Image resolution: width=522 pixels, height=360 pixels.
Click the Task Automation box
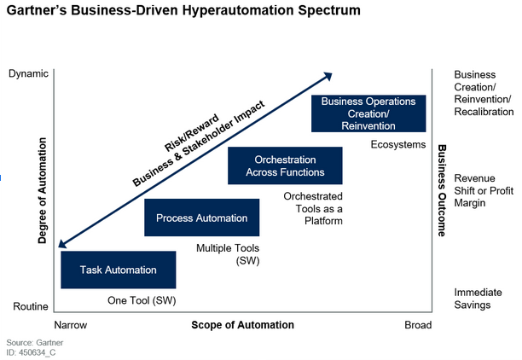119,270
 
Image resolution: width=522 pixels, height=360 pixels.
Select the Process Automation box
202,218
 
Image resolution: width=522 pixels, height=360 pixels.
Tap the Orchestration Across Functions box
285,165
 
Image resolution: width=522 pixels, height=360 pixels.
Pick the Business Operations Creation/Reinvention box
368,113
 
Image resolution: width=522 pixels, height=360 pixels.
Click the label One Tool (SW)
142,300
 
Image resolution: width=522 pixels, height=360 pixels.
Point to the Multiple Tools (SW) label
228,254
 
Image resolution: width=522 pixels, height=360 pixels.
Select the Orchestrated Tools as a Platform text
313,208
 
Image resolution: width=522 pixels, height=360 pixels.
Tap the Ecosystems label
398,144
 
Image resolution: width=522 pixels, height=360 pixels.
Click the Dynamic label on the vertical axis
28,73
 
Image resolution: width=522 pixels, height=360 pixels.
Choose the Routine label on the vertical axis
31,306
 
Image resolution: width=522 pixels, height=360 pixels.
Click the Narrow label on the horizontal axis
71,325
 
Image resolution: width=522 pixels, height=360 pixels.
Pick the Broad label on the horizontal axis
418,325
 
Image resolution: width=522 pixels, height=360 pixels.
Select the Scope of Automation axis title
243,325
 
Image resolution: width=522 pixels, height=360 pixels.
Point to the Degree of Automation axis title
43,190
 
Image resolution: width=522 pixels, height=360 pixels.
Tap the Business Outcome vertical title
442,190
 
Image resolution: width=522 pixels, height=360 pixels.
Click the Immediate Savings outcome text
478,299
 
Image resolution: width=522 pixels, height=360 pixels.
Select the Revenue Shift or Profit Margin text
484,190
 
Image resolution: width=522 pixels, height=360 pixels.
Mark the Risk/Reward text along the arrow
192,133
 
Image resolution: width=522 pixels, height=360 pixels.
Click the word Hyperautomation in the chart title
238,10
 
